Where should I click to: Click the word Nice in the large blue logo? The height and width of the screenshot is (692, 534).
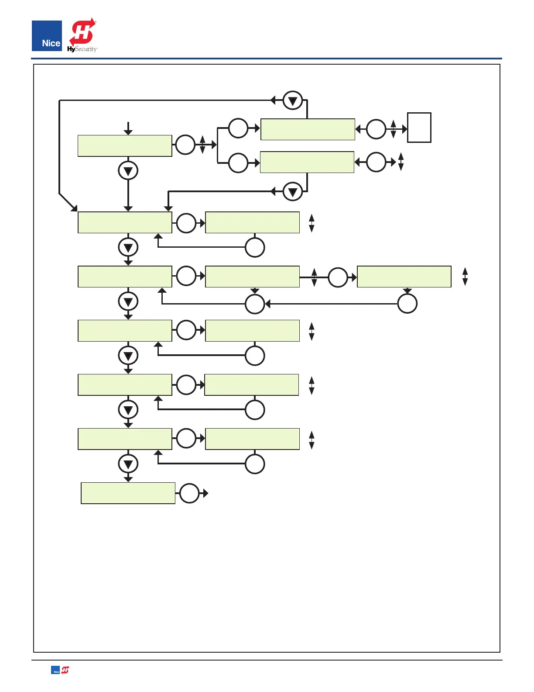point(51,43)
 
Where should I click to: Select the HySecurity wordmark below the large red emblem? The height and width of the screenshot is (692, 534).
point(82,49)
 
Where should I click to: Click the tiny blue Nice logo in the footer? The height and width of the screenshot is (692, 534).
point(55,670)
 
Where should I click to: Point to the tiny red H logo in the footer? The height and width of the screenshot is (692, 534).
point(65,670)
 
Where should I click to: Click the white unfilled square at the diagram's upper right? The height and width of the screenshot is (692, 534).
point(419,128)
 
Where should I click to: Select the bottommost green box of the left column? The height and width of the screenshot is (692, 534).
point(128,493)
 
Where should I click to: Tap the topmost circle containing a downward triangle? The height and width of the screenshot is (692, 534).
point(293,100)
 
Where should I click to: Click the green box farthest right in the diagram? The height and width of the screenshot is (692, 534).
point(404,277)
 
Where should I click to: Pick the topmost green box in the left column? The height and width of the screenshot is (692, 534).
point(125,145)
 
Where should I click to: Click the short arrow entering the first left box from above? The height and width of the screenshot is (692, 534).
point(128,128)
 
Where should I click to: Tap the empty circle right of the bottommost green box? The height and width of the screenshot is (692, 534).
point(189,493)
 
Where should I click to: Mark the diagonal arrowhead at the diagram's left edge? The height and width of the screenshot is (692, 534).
point(73,207)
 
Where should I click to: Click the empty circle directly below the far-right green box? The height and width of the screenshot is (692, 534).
point(407,304)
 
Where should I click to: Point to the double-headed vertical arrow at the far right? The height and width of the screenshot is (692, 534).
point(465,277)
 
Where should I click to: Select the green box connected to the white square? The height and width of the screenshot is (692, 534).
point(308,129)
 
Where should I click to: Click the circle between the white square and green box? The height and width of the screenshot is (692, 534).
point(376,129)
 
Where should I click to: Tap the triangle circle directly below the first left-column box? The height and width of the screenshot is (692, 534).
point(128,171)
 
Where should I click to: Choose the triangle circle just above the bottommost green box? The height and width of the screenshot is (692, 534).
point(128,464)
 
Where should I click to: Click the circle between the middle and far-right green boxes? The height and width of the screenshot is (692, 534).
point(338,277)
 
